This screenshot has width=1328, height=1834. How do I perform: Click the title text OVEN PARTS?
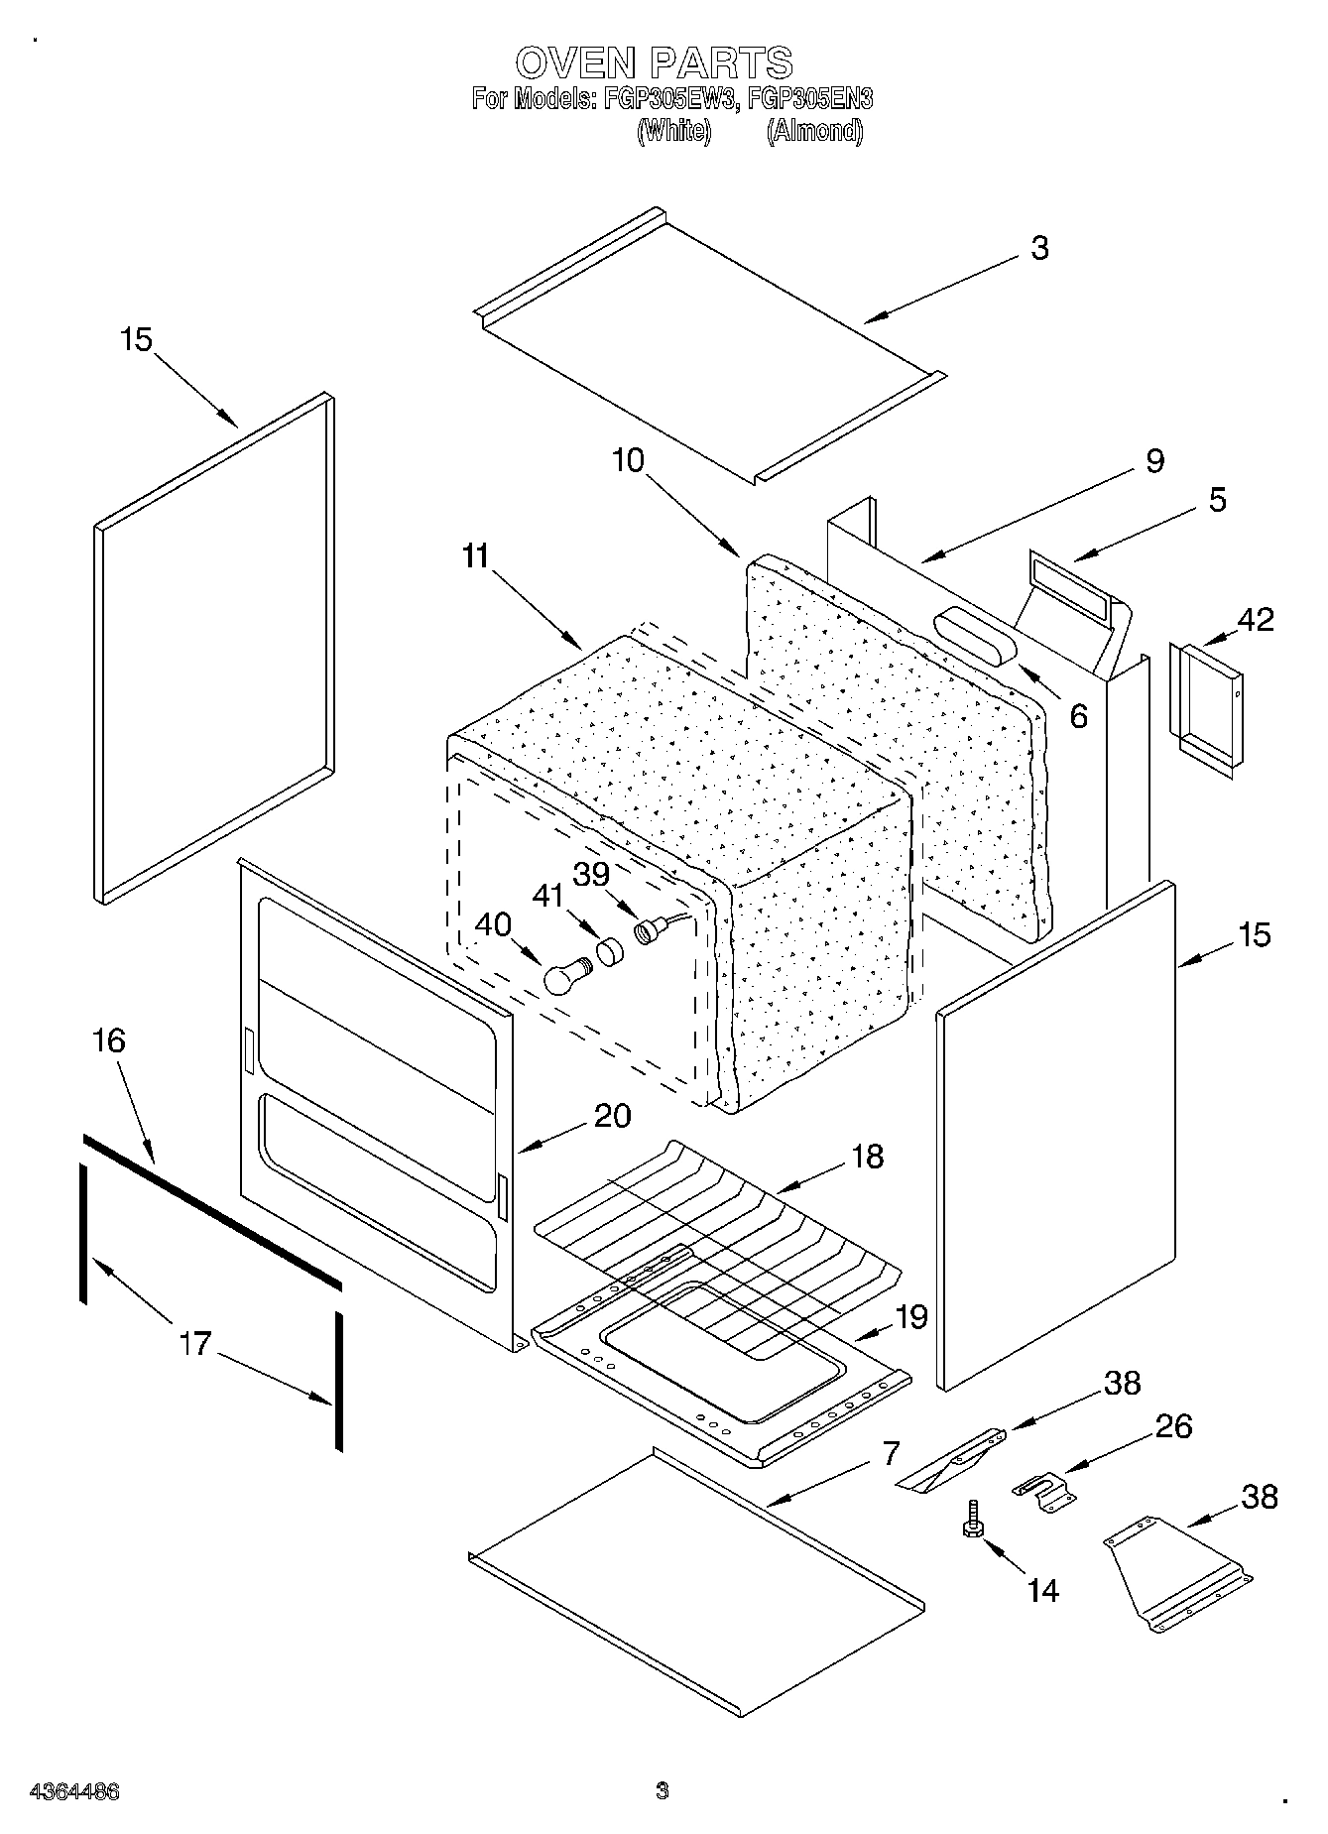coord(654,62)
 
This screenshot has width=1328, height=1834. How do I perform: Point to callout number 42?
coord(1255,619)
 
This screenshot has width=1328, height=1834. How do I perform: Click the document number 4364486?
coord(75,1791)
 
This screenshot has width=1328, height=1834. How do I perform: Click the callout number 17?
coord(195,1343)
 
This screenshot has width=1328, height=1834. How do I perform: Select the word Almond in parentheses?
coord(814,131)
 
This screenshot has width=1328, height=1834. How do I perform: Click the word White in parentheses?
coord(673,131)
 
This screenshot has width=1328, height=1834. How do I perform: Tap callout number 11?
coord(475,556)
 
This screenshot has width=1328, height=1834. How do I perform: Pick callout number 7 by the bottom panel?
coord(890,1453)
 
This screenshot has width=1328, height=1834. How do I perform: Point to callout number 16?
coord(109,1040)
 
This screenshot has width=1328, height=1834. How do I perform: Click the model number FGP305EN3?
coord(810,98)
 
